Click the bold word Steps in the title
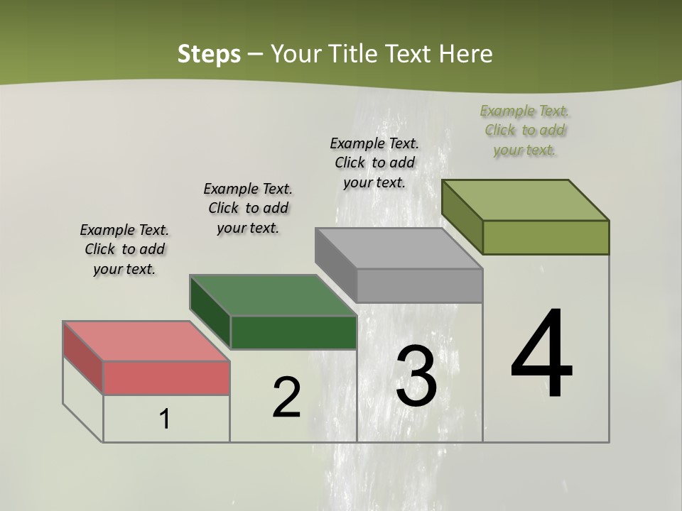(209, 54)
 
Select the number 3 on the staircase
(416, 376)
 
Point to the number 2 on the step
(286, 397)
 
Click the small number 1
(165, 419)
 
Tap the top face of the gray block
(398, 248)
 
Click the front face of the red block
(166, 378)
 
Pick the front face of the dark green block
(293, 332)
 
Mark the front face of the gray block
(419, 285)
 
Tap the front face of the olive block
(546, 237)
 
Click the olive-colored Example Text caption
(524, 130)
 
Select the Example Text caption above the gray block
(374, 163)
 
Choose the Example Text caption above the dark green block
(248, 208)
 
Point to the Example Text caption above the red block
(124, 249)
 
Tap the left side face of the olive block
(462, 216)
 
